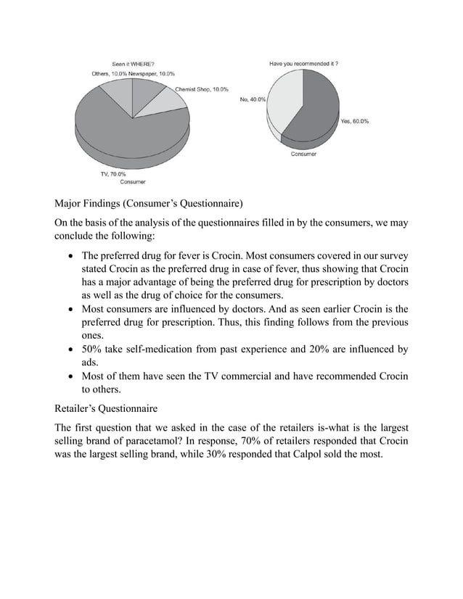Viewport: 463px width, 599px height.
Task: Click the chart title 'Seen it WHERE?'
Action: [132, 64]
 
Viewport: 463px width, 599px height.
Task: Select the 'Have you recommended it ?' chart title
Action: [303, 64]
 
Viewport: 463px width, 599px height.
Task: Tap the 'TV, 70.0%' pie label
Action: [112, 174]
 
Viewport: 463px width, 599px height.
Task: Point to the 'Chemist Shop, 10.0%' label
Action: [202, 89]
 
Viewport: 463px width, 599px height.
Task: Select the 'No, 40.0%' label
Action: [253, 100]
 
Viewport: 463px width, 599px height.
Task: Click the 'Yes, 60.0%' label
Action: [354, 121]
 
